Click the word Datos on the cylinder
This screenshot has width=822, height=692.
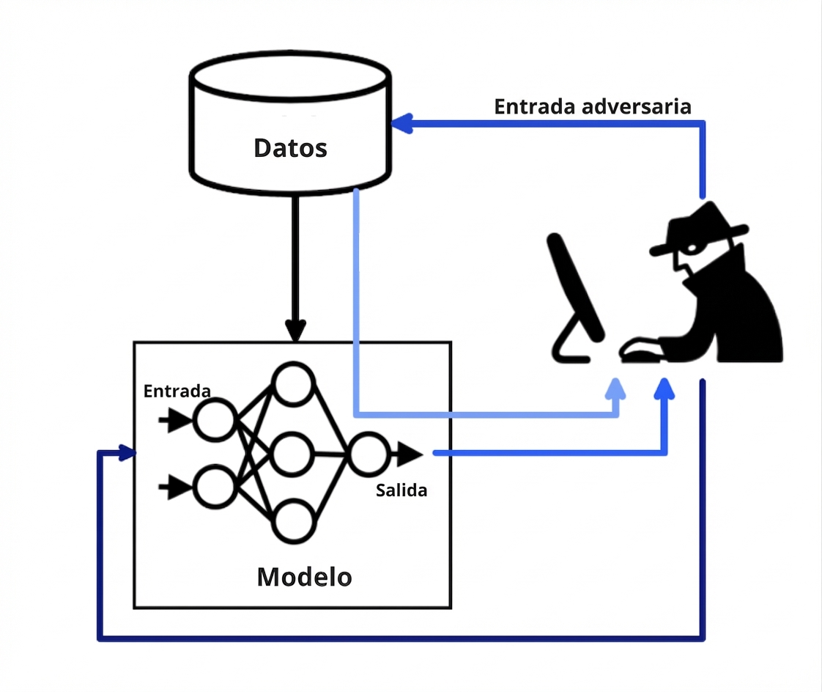(290, 148)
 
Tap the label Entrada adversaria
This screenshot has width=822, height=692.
(592, 106)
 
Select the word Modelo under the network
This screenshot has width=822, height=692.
(304, 577)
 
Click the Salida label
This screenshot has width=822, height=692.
(401, 490)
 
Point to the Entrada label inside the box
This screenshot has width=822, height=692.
(177, 391)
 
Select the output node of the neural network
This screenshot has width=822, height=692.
(368, 454)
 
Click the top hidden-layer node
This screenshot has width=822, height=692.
(294, 383)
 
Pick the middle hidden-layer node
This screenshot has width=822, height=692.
(294, 453)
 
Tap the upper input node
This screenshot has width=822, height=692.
(214, 421)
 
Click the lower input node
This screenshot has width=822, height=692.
(214, 487)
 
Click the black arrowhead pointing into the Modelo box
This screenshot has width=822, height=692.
(295, 331)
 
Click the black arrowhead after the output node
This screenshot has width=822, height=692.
(411, 454)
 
